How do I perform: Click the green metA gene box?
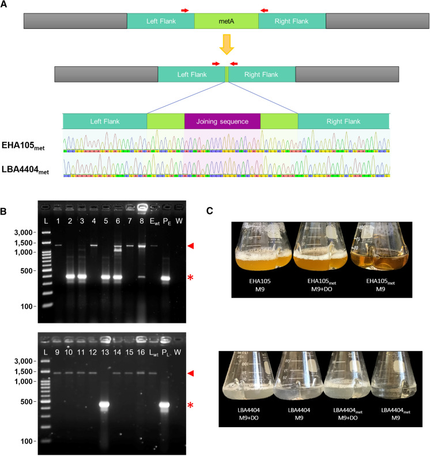pyautogui.click(x=226, y=22)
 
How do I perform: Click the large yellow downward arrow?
pyautogui.click(x=225, y=46)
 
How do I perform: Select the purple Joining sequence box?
pyautogui.click(x=222, y=122)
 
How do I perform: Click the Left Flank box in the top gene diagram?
pyautogui.click(x=160, y=22)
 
